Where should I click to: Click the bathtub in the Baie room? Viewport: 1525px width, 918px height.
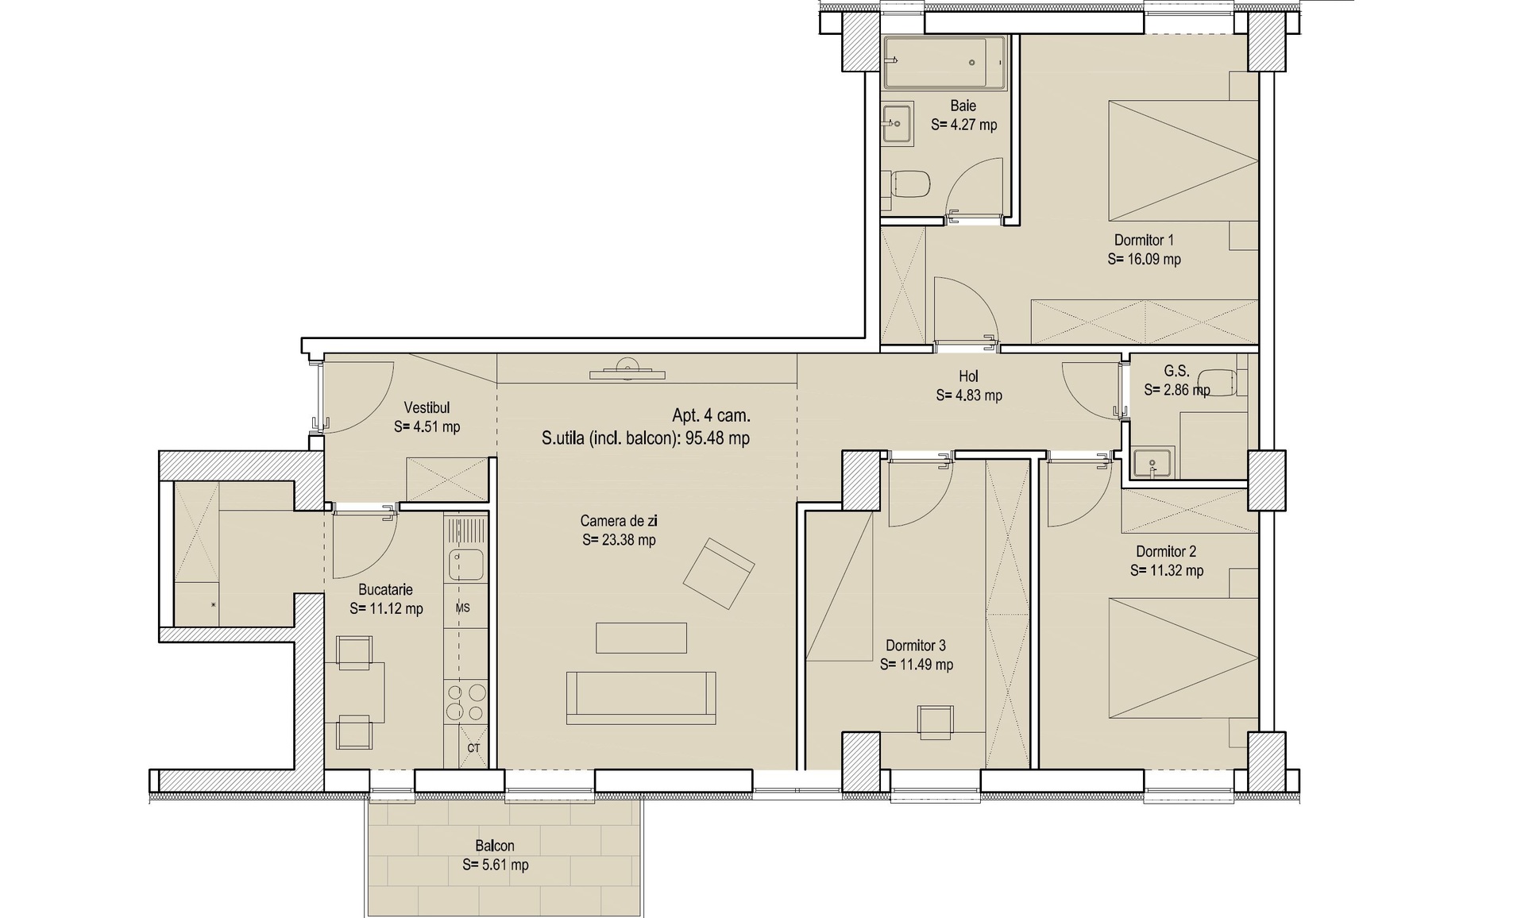coord(944,62)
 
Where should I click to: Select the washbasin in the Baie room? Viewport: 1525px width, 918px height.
coord(897,123)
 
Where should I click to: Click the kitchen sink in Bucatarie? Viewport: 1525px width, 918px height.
coord(465,565)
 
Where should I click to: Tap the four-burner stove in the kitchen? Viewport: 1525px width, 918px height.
coord(465,702)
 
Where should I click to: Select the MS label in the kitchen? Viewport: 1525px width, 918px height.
coord(463,608)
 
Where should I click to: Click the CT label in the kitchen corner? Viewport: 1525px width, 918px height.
coord(473,748)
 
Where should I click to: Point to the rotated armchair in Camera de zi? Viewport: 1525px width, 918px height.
coord(719,573)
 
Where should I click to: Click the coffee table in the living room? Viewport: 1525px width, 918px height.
coord(641,638)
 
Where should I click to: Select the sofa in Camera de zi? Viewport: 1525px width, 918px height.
coord(641,697)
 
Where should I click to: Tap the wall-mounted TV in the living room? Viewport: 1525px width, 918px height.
coord(627,371)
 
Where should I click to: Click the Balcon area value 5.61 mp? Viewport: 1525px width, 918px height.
coord(496,865)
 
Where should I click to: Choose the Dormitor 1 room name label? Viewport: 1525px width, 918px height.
coord(1144,240)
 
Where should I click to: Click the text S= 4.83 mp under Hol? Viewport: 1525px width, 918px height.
coord(969,395)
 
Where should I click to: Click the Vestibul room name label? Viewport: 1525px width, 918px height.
coord(427,407)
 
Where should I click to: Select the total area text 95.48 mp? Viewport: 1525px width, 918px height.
coord(718,438)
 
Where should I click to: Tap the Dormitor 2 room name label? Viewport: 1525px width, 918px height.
coord(1166,551)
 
